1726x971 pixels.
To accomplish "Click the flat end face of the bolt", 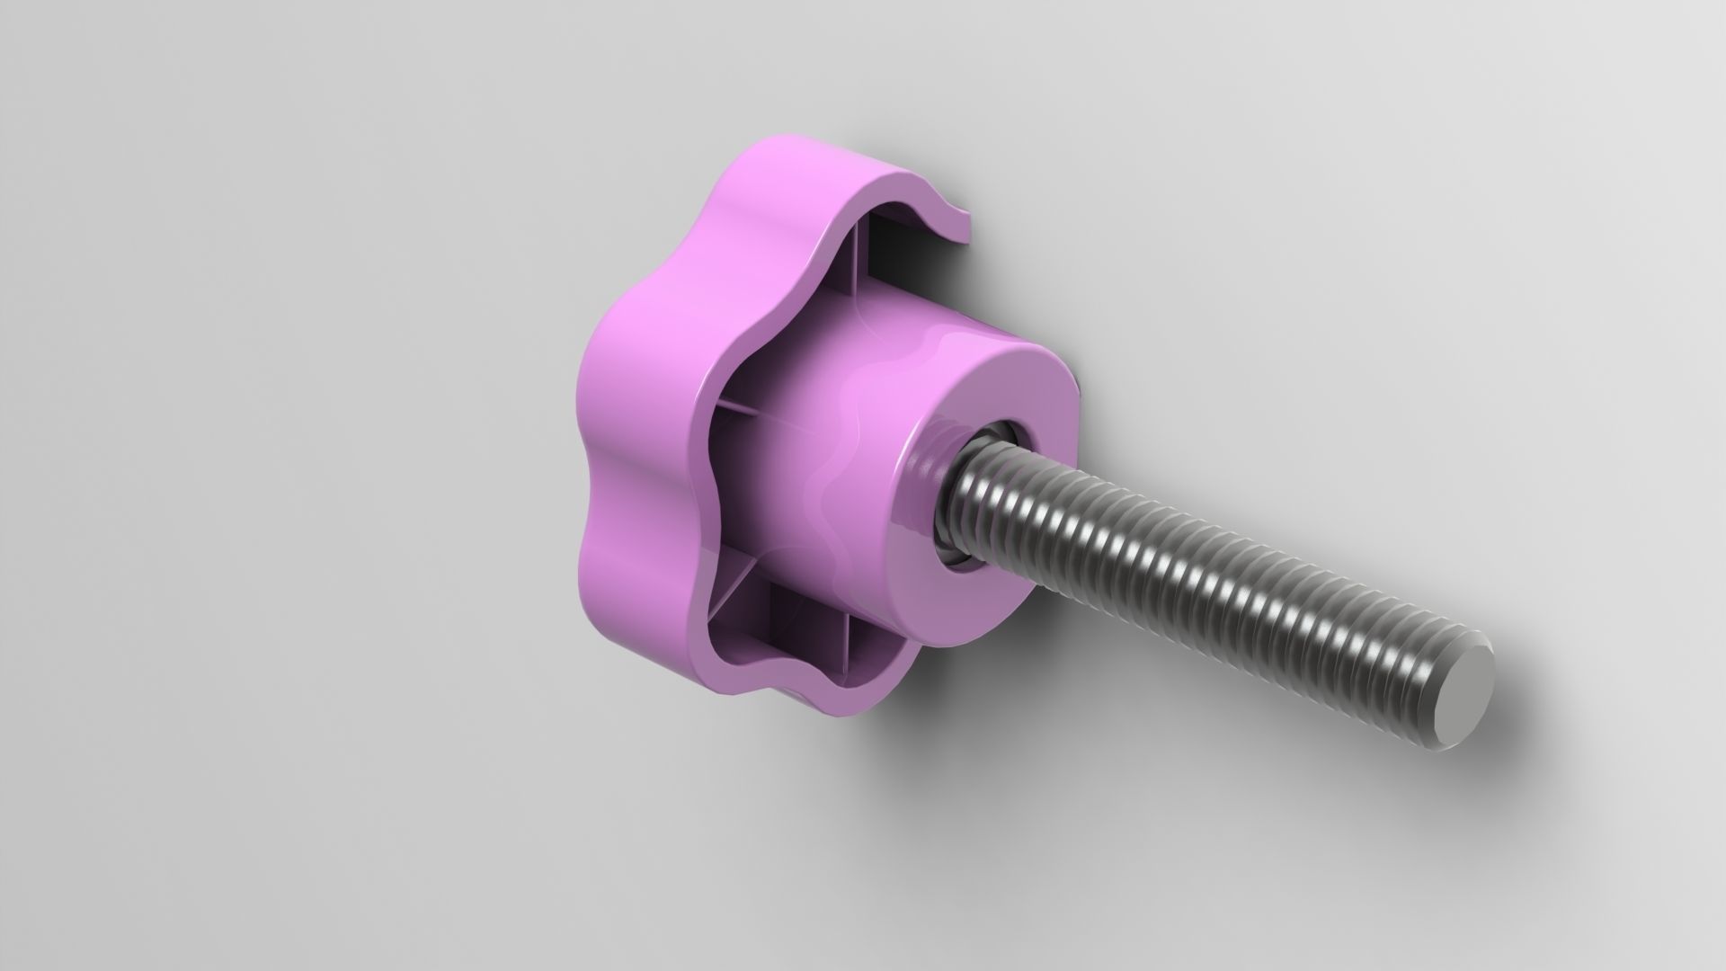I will [x=1460, y=682].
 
